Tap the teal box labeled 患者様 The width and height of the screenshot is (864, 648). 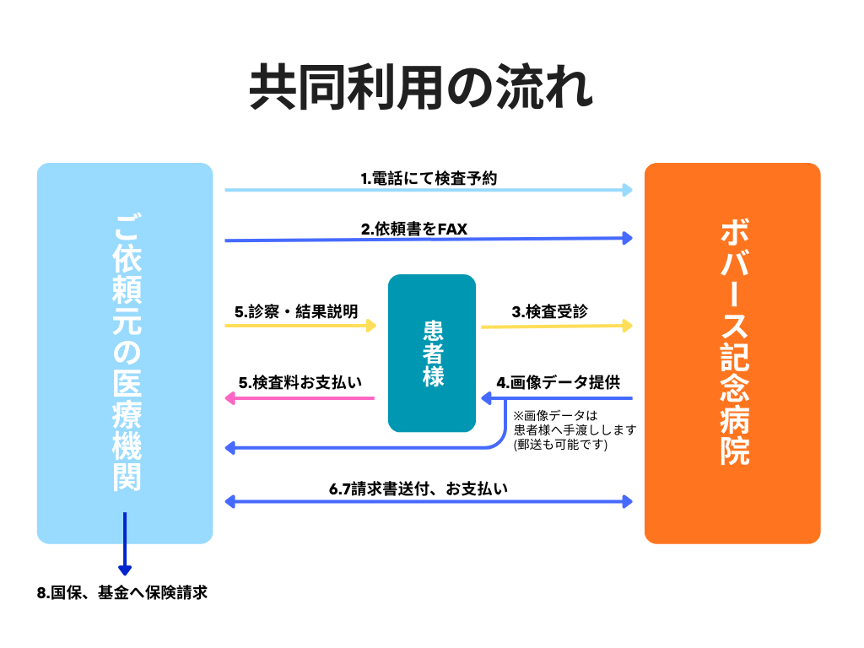(432, 353)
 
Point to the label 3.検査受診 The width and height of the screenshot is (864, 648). (549, 311)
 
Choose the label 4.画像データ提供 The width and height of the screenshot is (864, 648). (558, 382)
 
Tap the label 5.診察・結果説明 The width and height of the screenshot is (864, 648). (296, 311)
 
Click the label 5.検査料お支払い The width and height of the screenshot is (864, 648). (300, 382)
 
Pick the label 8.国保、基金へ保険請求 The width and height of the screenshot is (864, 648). (122, 593)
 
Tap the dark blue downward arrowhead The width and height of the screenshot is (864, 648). (125, 570)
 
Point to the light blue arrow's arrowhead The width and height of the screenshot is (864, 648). (627, 190)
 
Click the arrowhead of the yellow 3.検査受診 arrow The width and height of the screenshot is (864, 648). (627, 326)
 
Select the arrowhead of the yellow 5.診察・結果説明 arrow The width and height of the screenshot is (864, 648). (371, 326)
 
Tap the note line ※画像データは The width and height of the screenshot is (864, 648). (554, 415)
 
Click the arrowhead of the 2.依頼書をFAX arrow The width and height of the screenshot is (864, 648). (627, 239)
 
